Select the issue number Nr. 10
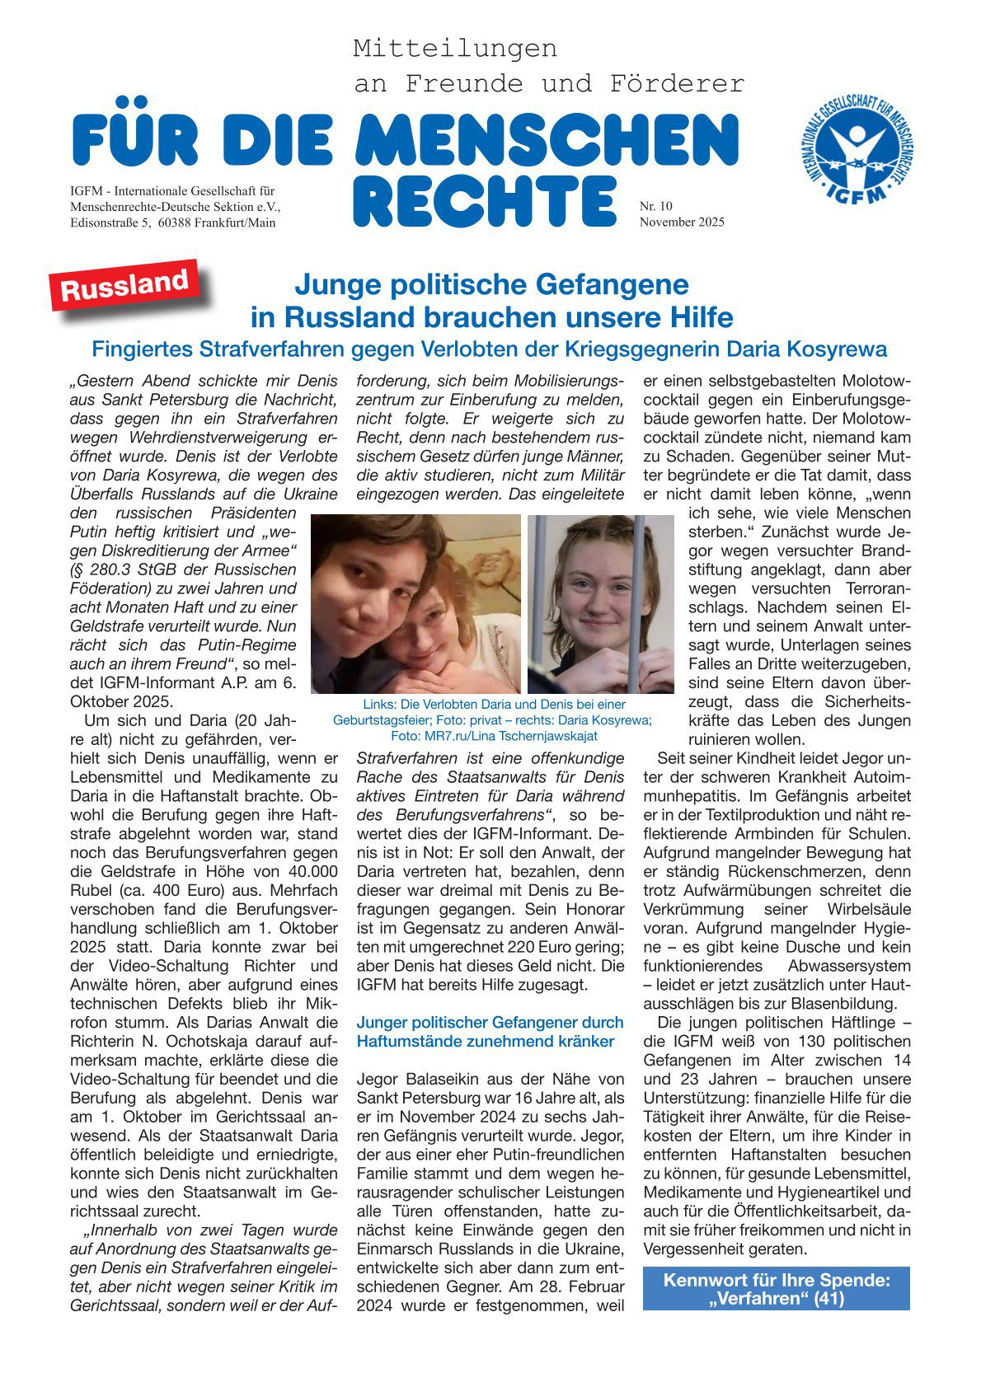tap(656, 206)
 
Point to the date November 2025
tap(682, 222)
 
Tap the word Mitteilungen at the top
tap(455, 49)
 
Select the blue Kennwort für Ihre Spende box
tap(776, 1289)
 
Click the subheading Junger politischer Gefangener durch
tap(490, 1022)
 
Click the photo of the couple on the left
tap(415, 603)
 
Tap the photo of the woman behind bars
tap(600, 603)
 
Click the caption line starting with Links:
tap(493, 704)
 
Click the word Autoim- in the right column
tap(880, 777)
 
